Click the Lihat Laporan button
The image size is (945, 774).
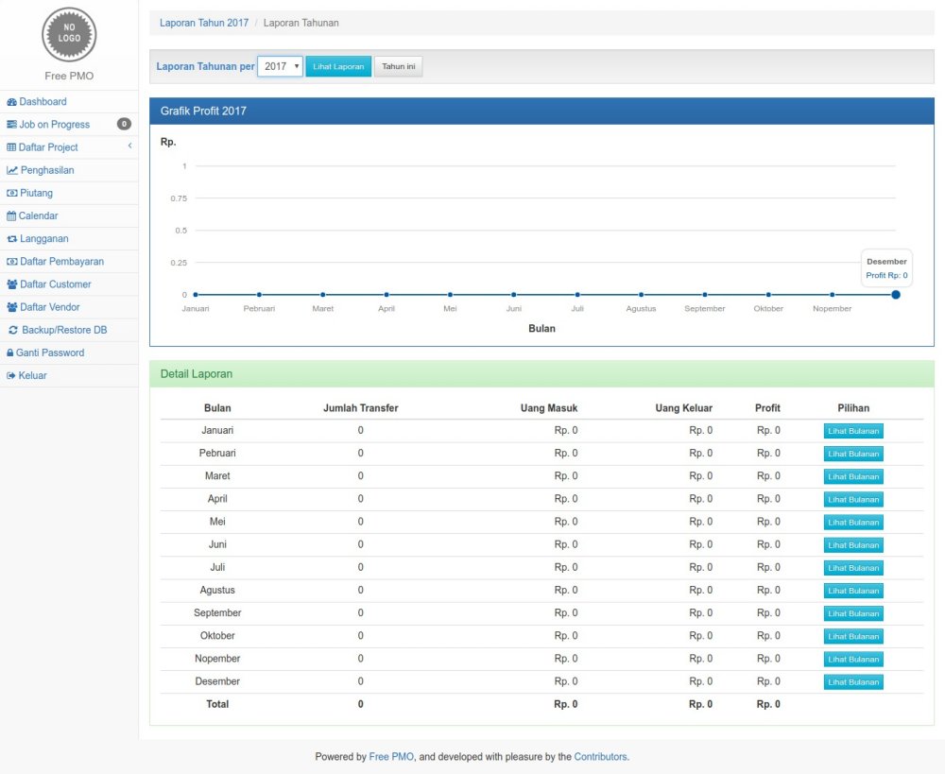(338, 67)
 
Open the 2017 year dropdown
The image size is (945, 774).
(280, 67)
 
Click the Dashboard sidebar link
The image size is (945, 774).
(43, 102)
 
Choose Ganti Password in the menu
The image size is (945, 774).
(51, 353)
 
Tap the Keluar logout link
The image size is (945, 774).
(32, 375)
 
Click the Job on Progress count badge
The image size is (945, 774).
(124, 125)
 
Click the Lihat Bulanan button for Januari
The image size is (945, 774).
(853, 431)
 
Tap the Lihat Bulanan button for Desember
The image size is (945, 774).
(853, 682)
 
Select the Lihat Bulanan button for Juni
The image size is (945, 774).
(853, 545)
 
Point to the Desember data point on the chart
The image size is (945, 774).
(896, 295)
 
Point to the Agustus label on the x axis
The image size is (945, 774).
(641, 309)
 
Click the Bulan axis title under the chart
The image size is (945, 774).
(541, 329)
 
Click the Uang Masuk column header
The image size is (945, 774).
(548, 408)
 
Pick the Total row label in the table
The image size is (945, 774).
(217, 704)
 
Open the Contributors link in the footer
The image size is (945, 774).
(600, 757)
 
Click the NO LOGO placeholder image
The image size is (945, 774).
(69, 34)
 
